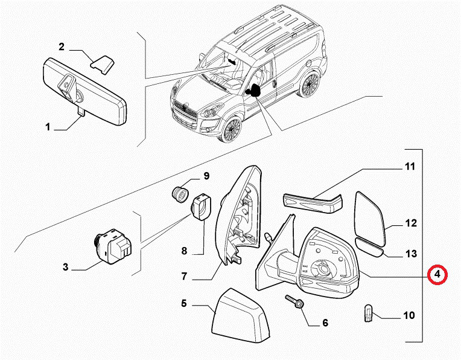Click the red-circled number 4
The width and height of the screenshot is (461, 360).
pyautogui.click(x=437, y=275)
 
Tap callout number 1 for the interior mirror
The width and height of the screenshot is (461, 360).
pyautogui.click(x=48, y=127)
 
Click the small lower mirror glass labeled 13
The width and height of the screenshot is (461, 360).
pyautogui.click(x=370, y=246)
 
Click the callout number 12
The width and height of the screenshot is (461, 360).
pyautogui.click(x=410, y=223)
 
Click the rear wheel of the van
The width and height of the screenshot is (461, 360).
pyautogui.click(x=310, y=85)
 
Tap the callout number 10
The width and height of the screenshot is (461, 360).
pyautogui.click(x=409, y=315)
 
